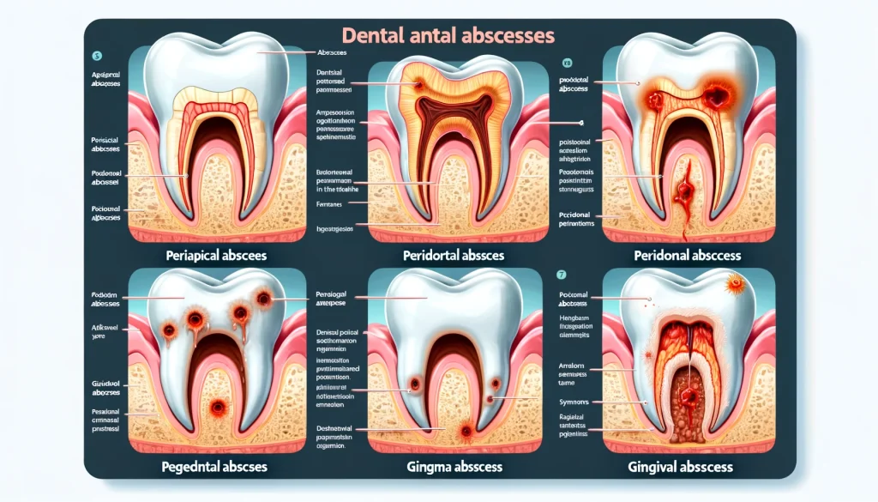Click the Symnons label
coord(562,402)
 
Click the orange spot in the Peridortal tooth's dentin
coord(418,85)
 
